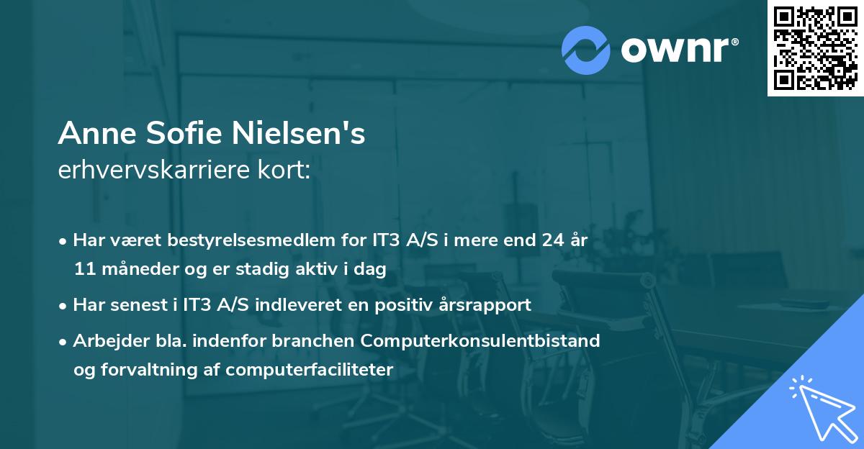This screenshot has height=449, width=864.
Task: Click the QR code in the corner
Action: coord(816,48)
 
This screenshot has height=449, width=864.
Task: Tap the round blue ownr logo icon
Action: coord(586,50)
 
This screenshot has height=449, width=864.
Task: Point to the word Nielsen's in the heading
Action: coord(299,134)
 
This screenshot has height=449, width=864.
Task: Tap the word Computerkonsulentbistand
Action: coord(491,340)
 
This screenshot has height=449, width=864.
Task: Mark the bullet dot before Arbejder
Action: coord(63,341)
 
